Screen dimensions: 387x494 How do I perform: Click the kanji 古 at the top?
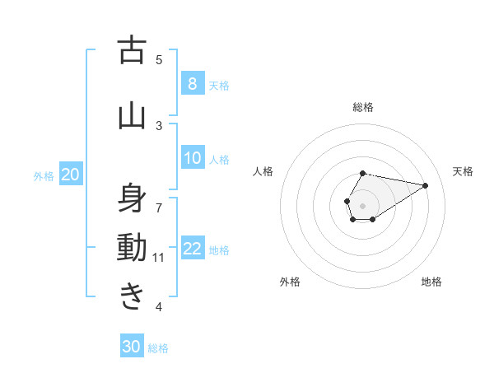coord(133,50)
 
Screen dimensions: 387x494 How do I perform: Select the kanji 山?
coord(133,115)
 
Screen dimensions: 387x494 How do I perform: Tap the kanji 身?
coord(133,198)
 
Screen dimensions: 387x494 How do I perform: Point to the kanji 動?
coord(133,247)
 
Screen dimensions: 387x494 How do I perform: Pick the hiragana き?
coord(133,295)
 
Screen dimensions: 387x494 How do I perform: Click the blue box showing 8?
coord(192,84)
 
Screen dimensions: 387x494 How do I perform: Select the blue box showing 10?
coord(192,159)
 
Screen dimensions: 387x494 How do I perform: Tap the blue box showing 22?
coord(192,249)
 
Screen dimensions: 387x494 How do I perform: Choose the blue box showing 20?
coord(71,175)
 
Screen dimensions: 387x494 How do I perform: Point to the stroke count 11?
coord(159,258)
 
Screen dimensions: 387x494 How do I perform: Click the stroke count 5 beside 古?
coord(159,59)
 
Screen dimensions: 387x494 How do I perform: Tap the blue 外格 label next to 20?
coord(44,175)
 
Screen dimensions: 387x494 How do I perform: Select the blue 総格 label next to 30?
coord(158,348)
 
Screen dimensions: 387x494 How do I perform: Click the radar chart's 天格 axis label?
coord(463,171)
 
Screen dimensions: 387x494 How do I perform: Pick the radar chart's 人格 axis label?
coord(263,171)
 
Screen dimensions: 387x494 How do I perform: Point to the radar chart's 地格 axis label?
coord(431,282)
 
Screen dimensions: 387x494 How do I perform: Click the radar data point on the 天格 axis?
coord(425,184)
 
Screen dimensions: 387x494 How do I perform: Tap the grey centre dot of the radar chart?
coord(362,204)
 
